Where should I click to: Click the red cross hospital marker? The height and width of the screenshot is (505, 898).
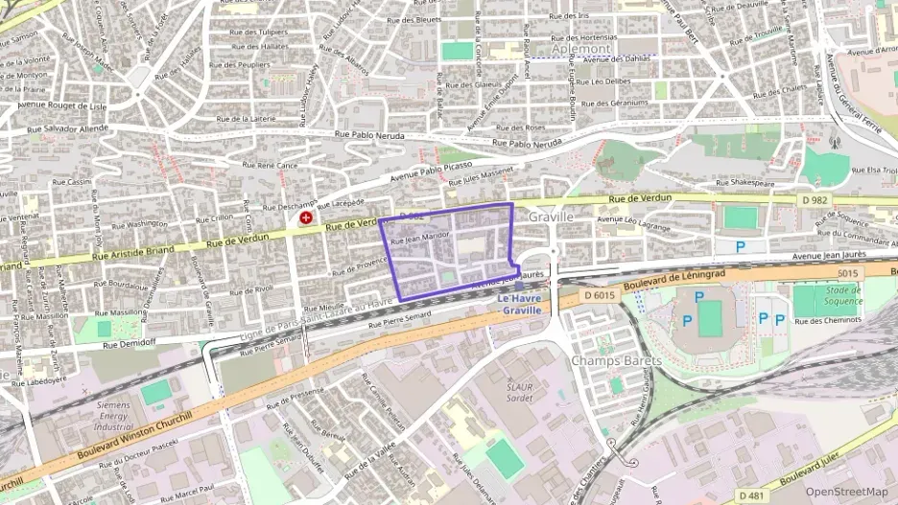pyautogui.click(x=306, y=218)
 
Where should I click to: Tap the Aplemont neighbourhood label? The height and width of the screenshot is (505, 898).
pyautogui.click(x=581, y=47)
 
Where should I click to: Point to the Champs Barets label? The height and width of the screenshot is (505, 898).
pyautogui.click(x=617, y=360)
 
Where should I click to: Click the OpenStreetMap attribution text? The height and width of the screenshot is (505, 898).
pyautogui.click(x=847, y=492)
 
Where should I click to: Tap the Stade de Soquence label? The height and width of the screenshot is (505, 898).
pyautogui.click(x=842, y=295)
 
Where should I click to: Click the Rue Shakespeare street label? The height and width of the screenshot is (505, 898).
pyautogui.click(x=739, y=181)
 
